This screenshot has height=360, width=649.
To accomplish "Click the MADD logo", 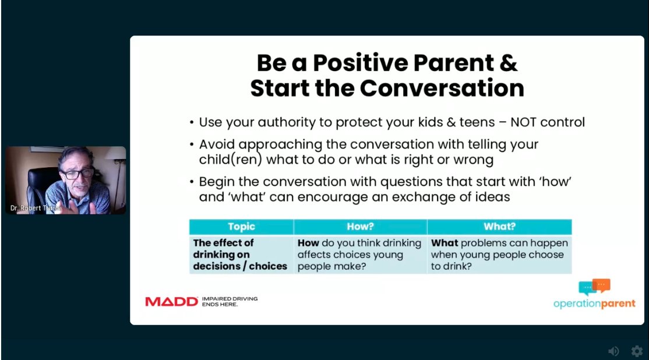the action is point(171,302).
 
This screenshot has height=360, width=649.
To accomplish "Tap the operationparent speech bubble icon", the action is point(594,287).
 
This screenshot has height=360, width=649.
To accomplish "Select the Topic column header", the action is point(241,227).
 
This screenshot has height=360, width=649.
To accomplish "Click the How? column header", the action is point(360,227).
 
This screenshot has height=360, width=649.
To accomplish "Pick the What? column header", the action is point(500,227).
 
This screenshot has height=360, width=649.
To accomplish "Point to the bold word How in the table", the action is point(308,243).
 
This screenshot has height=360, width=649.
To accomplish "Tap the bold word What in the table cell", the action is point(445,243).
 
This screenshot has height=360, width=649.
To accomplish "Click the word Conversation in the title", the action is point(442,88).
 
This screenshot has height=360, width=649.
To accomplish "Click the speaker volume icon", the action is point(613,351).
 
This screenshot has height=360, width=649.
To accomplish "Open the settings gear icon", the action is point(637,351).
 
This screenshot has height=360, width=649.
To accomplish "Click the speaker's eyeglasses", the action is point(77,173).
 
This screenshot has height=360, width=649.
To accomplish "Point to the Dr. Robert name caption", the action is point(35,208).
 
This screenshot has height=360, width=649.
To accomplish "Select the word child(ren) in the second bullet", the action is point(231,160).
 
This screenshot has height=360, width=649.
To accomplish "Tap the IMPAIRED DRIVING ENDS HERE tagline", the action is point(230,301).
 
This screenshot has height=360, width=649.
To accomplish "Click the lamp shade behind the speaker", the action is point(115,153).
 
